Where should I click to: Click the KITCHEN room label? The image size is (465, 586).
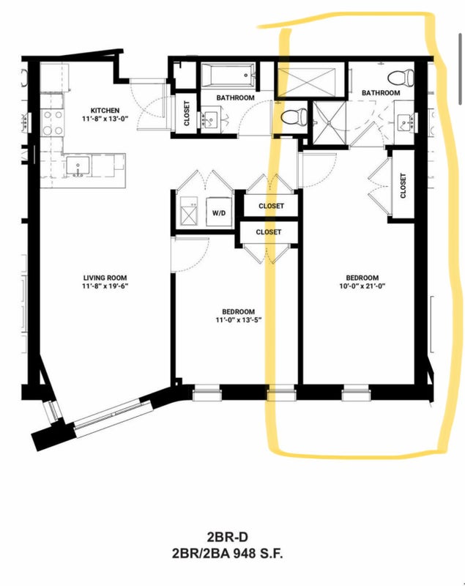tap(105, 111)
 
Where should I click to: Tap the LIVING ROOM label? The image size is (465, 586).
tap(105, 278)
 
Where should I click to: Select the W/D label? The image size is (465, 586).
tap(219, 213)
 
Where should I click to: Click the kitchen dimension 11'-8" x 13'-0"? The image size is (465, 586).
tap(105, 119)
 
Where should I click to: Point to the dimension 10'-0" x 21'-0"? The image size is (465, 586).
tap(362, 286)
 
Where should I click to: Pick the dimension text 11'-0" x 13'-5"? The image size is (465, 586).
tap(238, 320)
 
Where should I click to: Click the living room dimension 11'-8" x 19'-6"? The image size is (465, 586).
tap(105, 286)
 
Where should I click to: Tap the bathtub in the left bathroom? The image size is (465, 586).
tap(228, 75)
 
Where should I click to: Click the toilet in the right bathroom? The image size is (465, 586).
tap(401, 78)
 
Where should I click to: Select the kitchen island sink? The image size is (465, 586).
tap(78, 166)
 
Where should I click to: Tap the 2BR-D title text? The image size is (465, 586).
tap(227, 537)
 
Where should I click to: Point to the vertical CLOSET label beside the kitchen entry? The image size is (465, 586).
tap(187, 114)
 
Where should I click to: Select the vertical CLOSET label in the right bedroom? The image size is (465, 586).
tap(403, 186)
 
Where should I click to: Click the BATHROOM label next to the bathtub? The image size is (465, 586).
tap(235, 98)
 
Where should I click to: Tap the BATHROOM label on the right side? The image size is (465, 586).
tap(381, 93)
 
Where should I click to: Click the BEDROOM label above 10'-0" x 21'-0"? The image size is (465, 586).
tap(362, 278)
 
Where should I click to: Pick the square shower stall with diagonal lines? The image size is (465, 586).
tap(330, 122)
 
